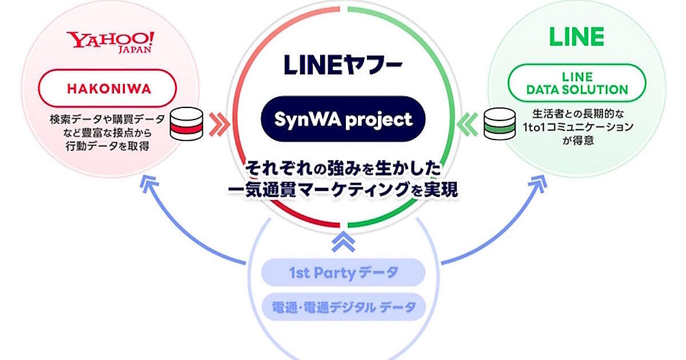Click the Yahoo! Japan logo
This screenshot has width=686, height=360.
pos(110,42)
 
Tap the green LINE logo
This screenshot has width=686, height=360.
pos(576,37)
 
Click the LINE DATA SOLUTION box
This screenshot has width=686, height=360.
pos(577,83)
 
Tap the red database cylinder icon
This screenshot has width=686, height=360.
pos(187,123)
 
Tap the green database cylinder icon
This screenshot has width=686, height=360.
pos(498,123)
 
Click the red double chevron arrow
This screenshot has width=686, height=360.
pos(219,123)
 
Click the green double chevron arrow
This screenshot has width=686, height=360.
pos(467,123)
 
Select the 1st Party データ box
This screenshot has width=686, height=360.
pos(343,273)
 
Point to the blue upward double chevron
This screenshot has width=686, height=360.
pos(343,242)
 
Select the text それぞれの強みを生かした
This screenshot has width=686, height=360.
pos(343,169)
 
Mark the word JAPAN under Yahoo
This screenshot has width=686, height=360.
pos(137,50)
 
